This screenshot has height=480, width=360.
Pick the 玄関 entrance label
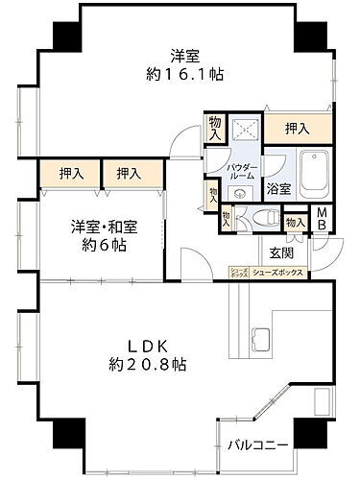[x=281, y=252]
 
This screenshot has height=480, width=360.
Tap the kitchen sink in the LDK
[x=261, y=339]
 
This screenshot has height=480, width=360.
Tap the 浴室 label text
[x=279, y=189]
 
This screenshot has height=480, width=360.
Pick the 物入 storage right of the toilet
[x=295, y=223]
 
